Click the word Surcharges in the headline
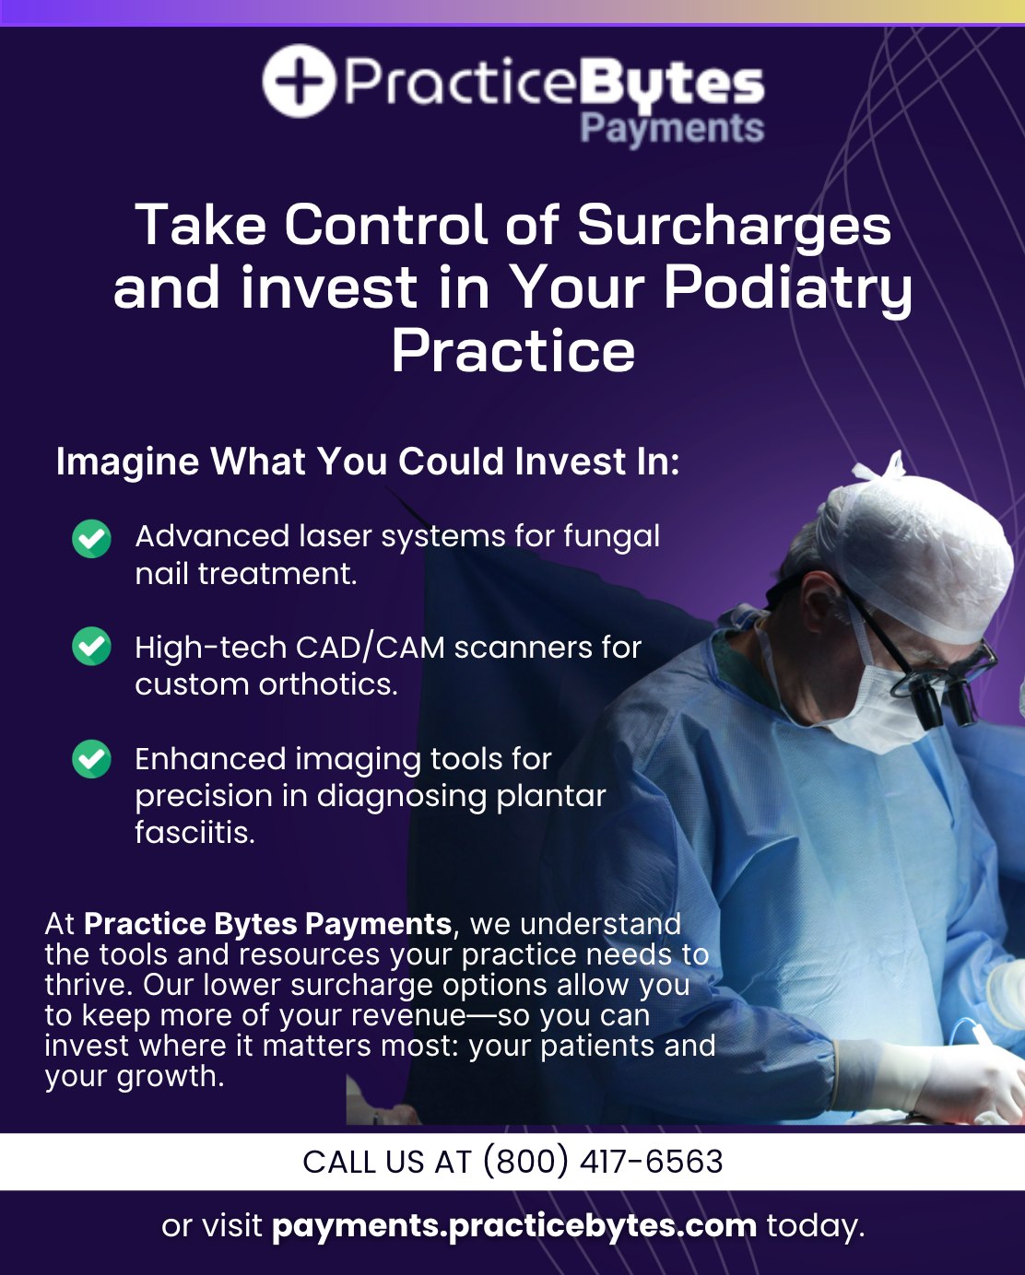pos(734,225)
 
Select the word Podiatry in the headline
pos(788,289)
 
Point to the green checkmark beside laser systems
pos(91,539)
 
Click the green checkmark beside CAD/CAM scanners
pos(91,646)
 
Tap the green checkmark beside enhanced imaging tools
pos(91,759)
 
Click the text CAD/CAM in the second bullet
pos(370,648)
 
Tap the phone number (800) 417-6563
pos(604,1161)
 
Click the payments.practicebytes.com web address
pos(514,1226)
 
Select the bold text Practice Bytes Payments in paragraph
pos(267,924)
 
